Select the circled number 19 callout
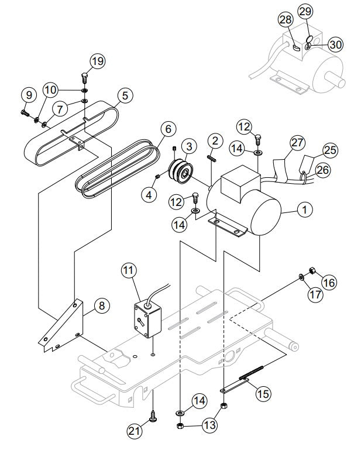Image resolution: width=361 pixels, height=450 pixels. pos(97,60)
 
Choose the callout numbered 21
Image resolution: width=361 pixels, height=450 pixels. pos(136,432)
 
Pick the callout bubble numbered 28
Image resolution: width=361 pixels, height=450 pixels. pos(285,20)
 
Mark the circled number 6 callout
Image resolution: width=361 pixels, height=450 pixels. pos(167,128)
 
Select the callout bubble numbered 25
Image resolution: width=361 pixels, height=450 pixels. pos(330,150)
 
